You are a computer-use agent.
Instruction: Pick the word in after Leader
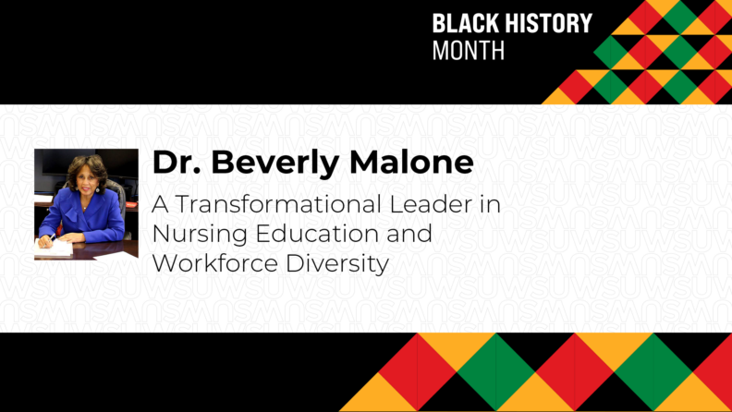[x=488, y=204]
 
